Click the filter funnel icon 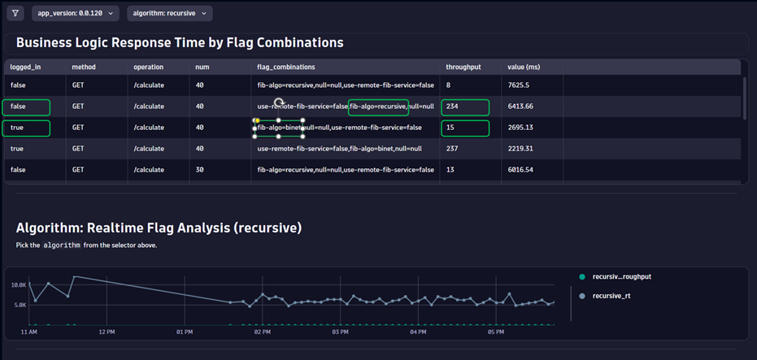(x=15, y=13)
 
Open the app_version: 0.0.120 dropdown (x=76, y=13)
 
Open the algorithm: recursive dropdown (x=170, y=13)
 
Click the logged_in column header (x=26, y=67)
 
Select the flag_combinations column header (x=286, y=67)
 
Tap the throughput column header (x=463, y=67)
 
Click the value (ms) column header (x=525, y=67)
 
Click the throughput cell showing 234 (x=454, y=106)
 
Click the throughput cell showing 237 (x=454, y=149)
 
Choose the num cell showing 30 (x=200, y=170)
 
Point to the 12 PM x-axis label (x=106, y=332)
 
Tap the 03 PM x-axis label (x=339, y=332)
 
